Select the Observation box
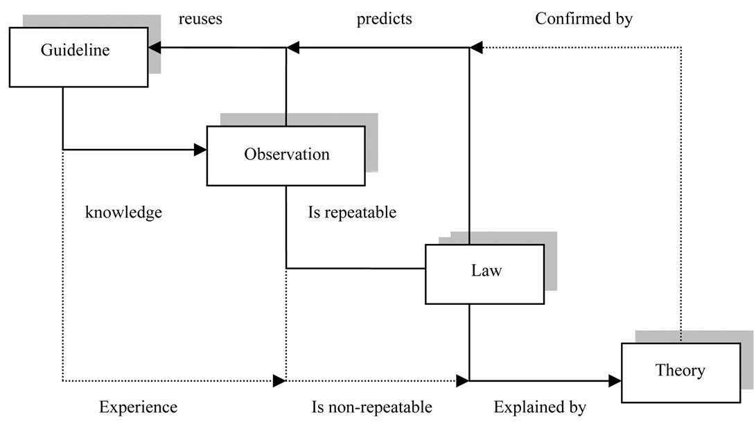tap(285, 155)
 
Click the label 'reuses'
tap(200, 19)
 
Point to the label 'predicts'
tap(384, 19)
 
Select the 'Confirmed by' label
tap(583, 19)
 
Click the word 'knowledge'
tap(123, 212)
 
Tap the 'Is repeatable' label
tap(352, 212)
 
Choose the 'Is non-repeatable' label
tap(371, 407)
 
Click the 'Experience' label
tap(138, 407)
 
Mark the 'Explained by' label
tap(540, 407)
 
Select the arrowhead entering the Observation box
tap(201, 149)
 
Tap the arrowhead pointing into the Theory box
tap(615, 380)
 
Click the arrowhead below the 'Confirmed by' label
tap(475, 47)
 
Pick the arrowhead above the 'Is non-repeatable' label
tap(462, 380)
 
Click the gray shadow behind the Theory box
tap(693, 336)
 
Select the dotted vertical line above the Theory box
tap(680, 194)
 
